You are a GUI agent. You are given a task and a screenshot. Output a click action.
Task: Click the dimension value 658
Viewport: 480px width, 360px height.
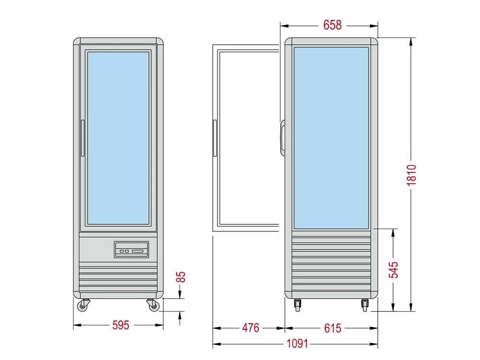pyautogui.click(x=332, y=25)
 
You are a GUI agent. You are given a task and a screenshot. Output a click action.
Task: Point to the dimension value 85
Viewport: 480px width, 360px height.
pyautogui.click(x=180, y=277)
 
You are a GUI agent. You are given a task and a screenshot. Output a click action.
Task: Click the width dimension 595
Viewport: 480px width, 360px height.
pyautogui.click(x=120, y=325)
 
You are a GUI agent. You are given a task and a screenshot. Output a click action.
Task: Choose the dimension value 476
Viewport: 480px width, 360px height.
pyautogui.click(x=250, y=328)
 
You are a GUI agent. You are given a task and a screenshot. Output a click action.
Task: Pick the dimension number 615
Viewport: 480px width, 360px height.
pyautogui.click(x=332, y=328)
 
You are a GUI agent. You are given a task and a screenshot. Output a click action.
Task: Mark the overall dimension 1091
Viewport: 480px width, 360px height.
pyautogui.click(x=295, y=344)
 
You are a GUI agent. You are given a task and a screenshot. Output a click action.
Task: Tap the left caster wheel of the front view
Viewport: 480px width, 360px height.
pyautogui.click(x=84, y=304)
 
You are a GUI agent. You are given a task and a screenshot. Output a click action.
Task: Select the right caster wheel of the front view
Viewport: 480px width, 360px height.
pyautogui.click(x=152, y=304)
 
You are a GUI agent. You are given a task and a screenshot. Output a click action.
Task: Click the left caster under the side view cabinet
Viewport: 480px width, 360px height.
pyautogui.click(x=298, y=303)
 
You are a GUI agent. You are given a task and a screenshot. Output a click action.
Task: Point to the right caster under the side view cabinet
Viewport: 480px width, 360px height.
pyautogui.click(x=365, y=303)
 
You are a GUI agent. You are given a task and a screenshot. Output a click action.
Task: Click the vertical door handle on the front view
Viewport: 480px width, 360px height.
pyautogui.click(x=83, y=138)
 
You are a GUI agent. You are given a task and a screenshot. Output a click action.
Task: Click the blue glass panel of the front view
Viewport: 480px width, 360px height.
pyautogui.click(x=118, y=138)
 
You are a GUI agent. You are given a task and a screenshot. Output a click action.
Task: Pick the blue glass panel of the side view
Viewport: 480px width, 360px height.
pyautogui.click(x=331, y=138)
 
